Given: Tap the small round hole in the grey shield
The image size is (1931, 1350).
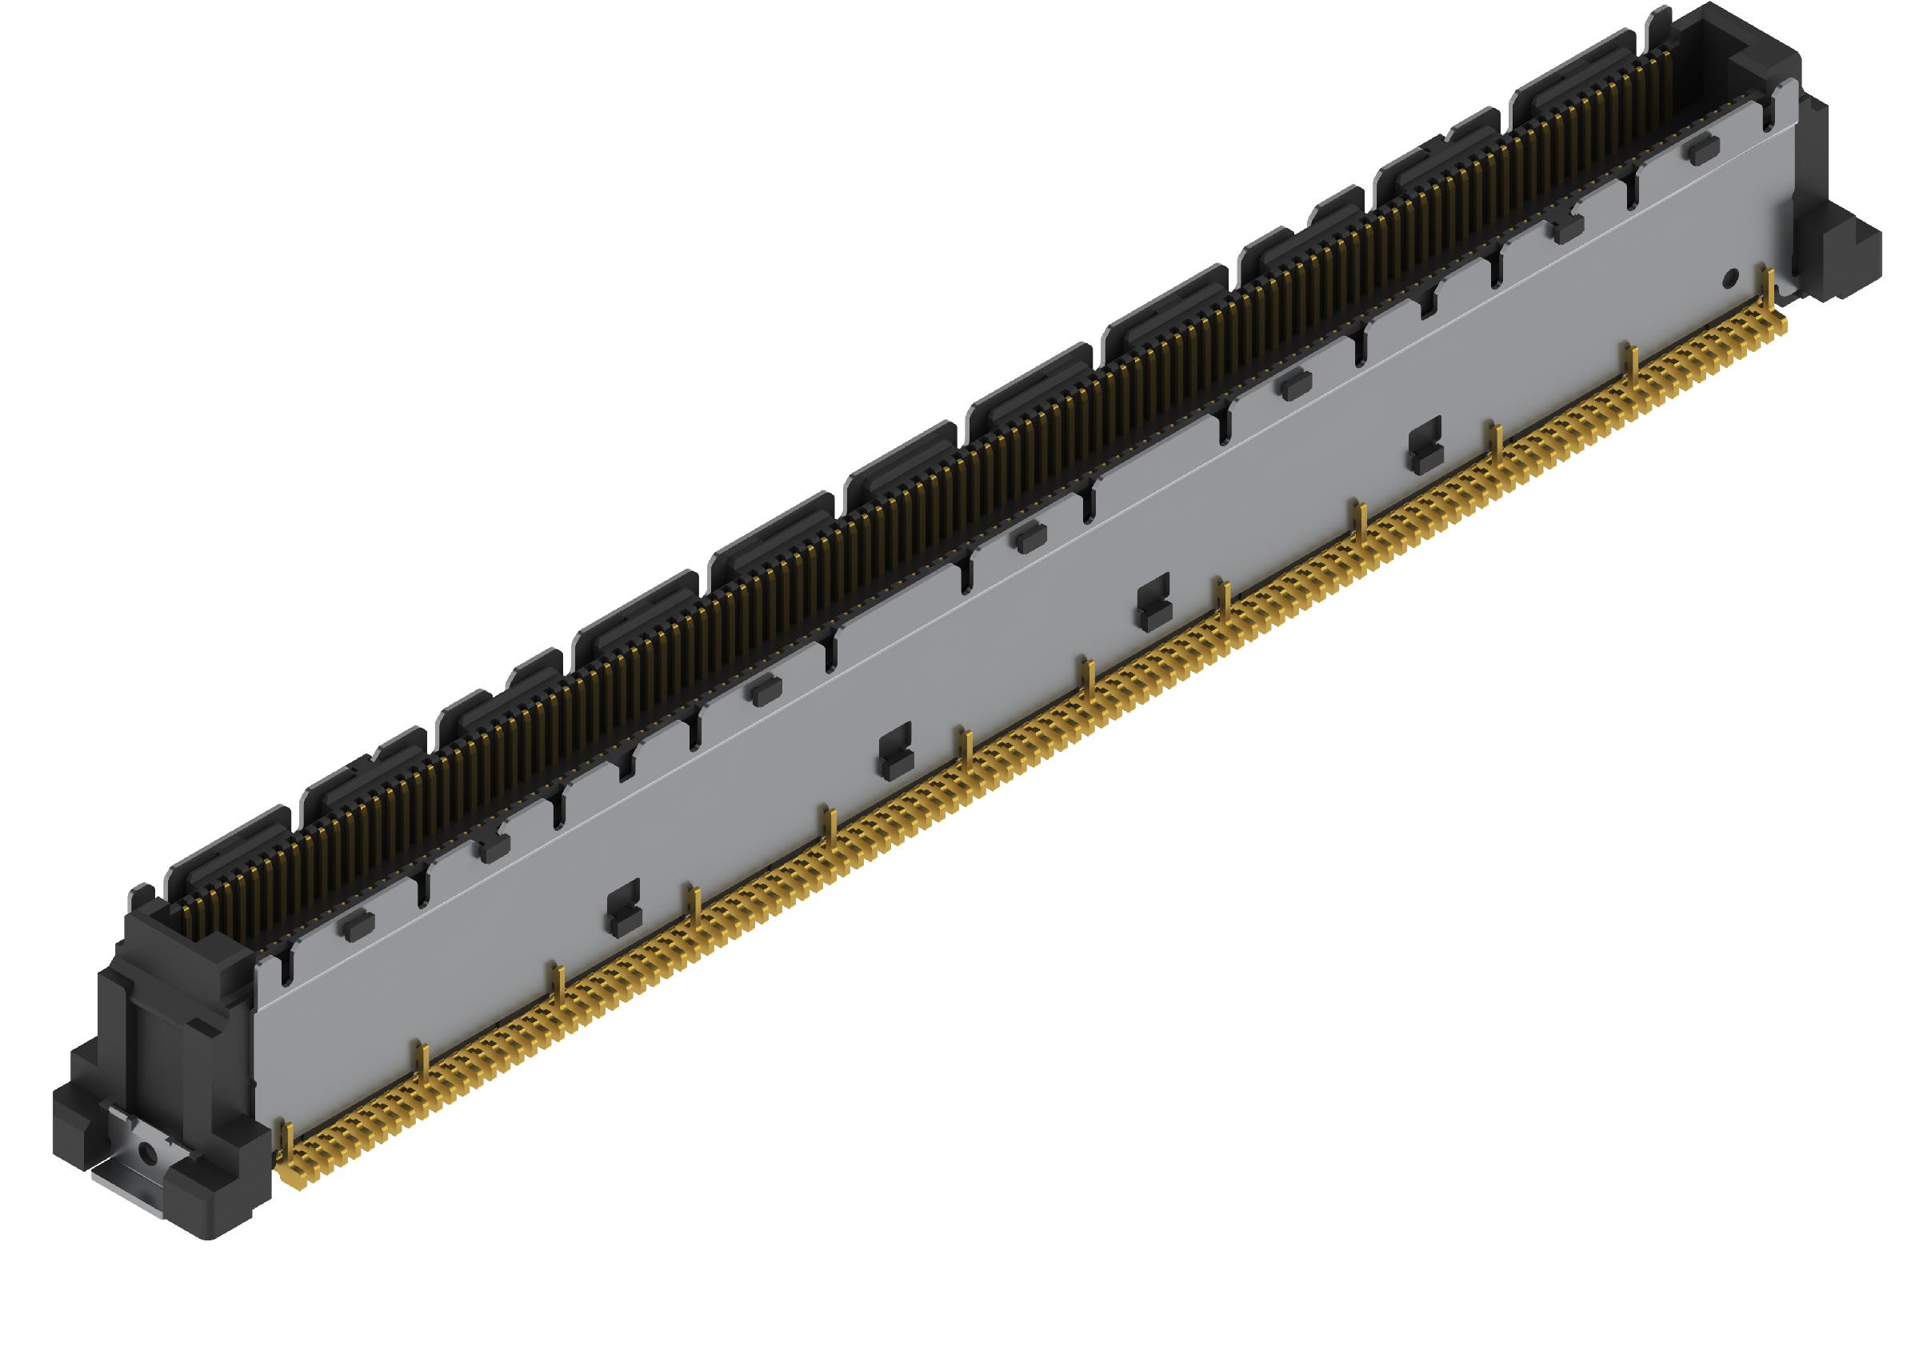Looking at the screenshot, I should pyautogui.click(x=1730, y=277).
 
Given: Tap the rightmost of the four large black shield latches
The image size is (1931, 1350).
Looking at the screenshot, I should pyautogui.click(x=1424, y=445).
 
